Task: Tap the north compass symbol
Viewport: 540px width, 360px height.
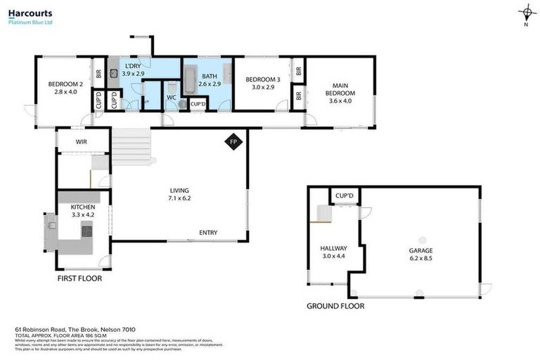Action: click(526, 13)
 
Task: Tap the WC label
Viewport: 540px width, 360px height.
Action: click(171, 98)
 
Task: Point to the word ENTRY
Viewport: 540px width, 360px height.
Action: click(208, 233)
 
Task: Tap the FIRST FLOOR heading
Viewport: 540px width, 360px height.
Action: click(79, 278)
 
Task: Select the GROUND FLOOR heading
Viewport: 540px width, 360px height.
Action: click(335, 306)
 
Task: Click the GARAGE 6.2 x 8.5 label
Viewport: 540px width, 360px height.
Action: click(420, 254)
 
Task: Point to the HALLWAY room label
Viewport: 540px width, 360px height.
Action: click(334, 252)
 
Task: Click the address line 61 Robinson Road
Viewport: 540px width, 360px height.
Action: click(75, 329)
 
